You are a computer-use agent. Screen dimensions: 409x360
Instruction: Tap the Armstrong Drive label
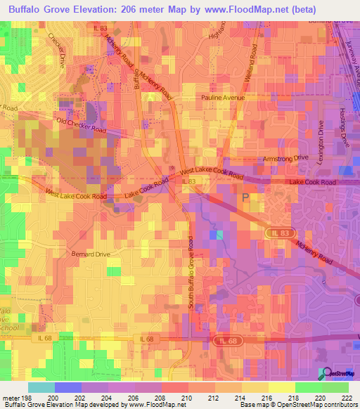point(285,160)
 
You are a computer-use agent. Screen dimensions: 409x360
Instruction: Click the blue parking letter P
point(245,198)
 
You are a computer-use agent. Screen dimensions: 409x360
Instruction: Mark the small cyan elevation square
point(221,234)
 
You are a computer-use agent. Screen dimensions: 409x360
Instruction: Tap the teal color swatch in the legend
point(41,387)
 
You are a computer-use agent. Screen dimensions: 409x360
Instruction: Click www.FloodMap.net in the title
point(247,9)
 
